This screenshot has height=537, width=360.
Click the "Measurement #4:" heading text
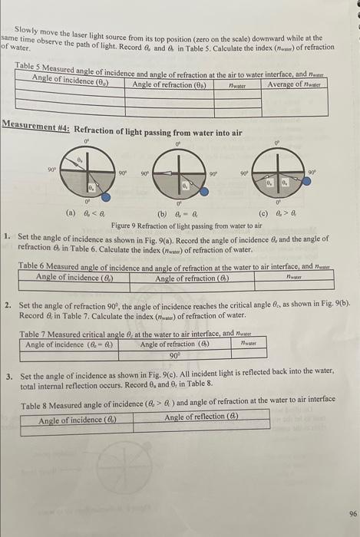coord(36,124)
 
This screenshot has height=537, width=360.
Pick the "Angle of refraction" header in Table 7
coord(176,344)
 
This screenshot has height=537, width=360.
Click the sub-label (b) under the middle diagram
coord(163,216)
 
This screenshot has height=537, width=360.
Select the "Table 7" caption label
coord(38,334)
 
